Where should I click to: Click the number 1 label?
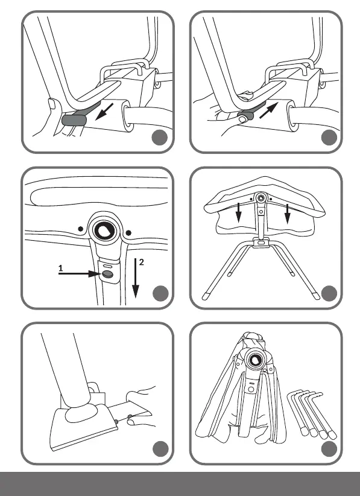tap(61, 269)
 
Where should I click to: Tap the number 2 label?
tap(141, 262)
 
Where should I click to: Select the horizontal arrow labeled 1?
tap(80, 273)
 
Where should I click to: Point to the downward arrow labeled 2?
tap(136, 278)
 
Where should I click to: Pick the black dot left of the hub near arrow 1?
tap(81, 229)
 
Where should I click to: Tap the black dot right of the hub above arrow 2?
tap(128, 233)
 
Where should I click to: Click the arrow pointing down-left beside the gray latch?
tap(104, 112)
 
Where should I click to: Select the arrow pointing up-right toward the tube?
tap(268, 110)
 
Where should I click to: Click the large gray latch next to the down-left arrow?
tap(74, 120)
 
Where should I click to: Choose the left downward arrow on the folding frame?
tap(239, 213)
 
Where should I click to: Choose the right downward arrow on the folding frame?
tap(287, 214)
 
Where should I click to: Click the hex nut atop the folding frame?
tap(261, 199)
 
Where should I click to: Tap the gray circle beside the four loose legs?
tap(329, 449)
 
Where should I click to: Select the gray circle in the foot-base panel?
tap(160, 449)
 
